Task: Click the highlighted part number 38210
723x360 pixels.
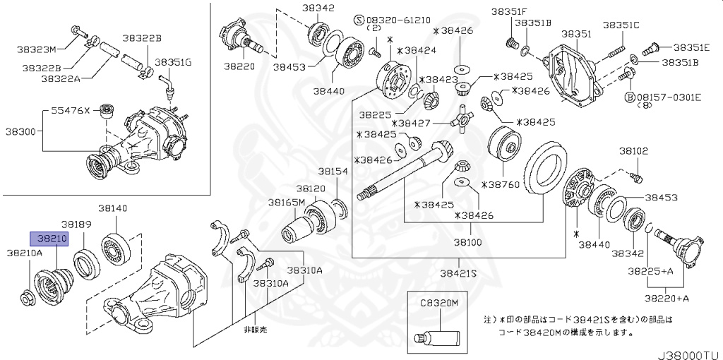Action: pos(48,239)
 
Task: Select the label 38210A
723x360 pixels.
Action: pos(25,252)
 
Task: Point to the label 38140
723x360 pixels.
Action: pos(113,208)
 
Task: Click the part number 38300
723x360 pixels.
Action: pos(21,131)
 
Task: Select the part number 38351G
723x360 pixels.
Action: pos(173,62)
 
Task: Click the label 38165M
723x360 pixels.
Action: pos(286,202)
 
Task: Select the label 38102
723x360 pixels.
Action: pos(634,151)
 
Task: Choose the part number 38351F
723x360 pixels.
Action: pos(510,11)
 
